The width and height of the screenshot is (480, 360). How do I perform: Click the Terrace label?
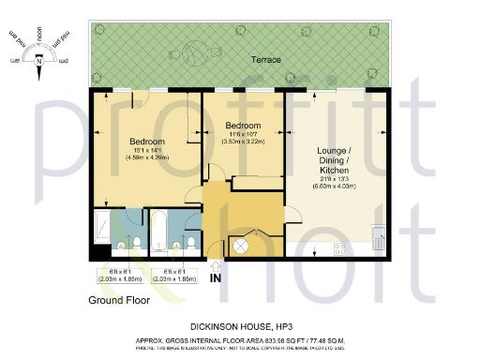click(x=265, y=60)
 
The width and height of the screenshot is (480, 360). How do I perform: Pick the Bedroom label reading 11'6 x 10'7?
click(x=242, y=125)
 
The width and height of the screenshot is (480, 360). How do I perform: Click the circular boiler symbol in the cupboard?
click(x=240, y=246)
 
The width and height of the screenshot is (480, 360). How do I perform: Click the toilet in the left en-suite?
click(x=137, y=245)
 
